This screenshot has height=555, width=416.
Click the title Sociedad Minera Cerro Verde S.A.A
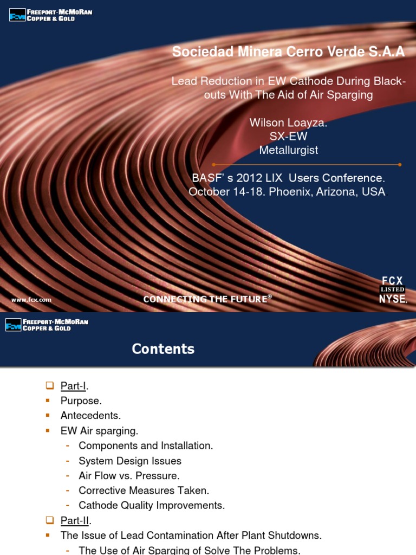288,52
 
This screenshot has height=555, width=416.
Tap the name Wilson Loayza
288,122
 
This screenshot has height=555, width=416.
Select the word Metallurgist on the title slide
288,150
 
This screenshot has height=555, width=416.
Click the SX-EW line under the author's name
288,137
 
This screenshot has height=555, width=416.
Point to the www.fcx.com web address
31,299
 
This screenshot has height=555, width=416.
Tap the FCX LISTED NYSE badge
392,289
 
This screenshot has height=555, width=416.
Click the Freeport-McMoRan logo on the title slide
51,15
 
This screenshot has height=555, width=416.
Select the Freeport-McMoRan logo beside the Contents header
47,325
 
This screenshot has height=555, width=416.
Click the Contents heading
163,349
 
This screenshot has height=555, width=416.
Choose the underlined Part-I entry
74,386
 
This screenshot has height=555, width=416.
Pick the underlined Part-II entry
75,520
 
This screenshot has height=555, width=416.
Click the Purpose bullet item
81,401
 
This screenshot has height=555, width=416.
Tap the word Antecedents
90,416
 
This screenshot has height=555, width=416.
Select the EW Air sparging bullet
100,431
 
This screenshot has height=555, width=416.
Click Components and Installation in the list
146,446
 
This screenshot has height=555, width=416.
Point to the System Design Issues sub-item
130,461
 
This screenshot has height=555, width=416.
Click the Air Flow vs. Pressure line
129,475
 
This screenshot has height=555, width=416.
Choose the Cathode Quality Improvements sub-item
152,505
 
